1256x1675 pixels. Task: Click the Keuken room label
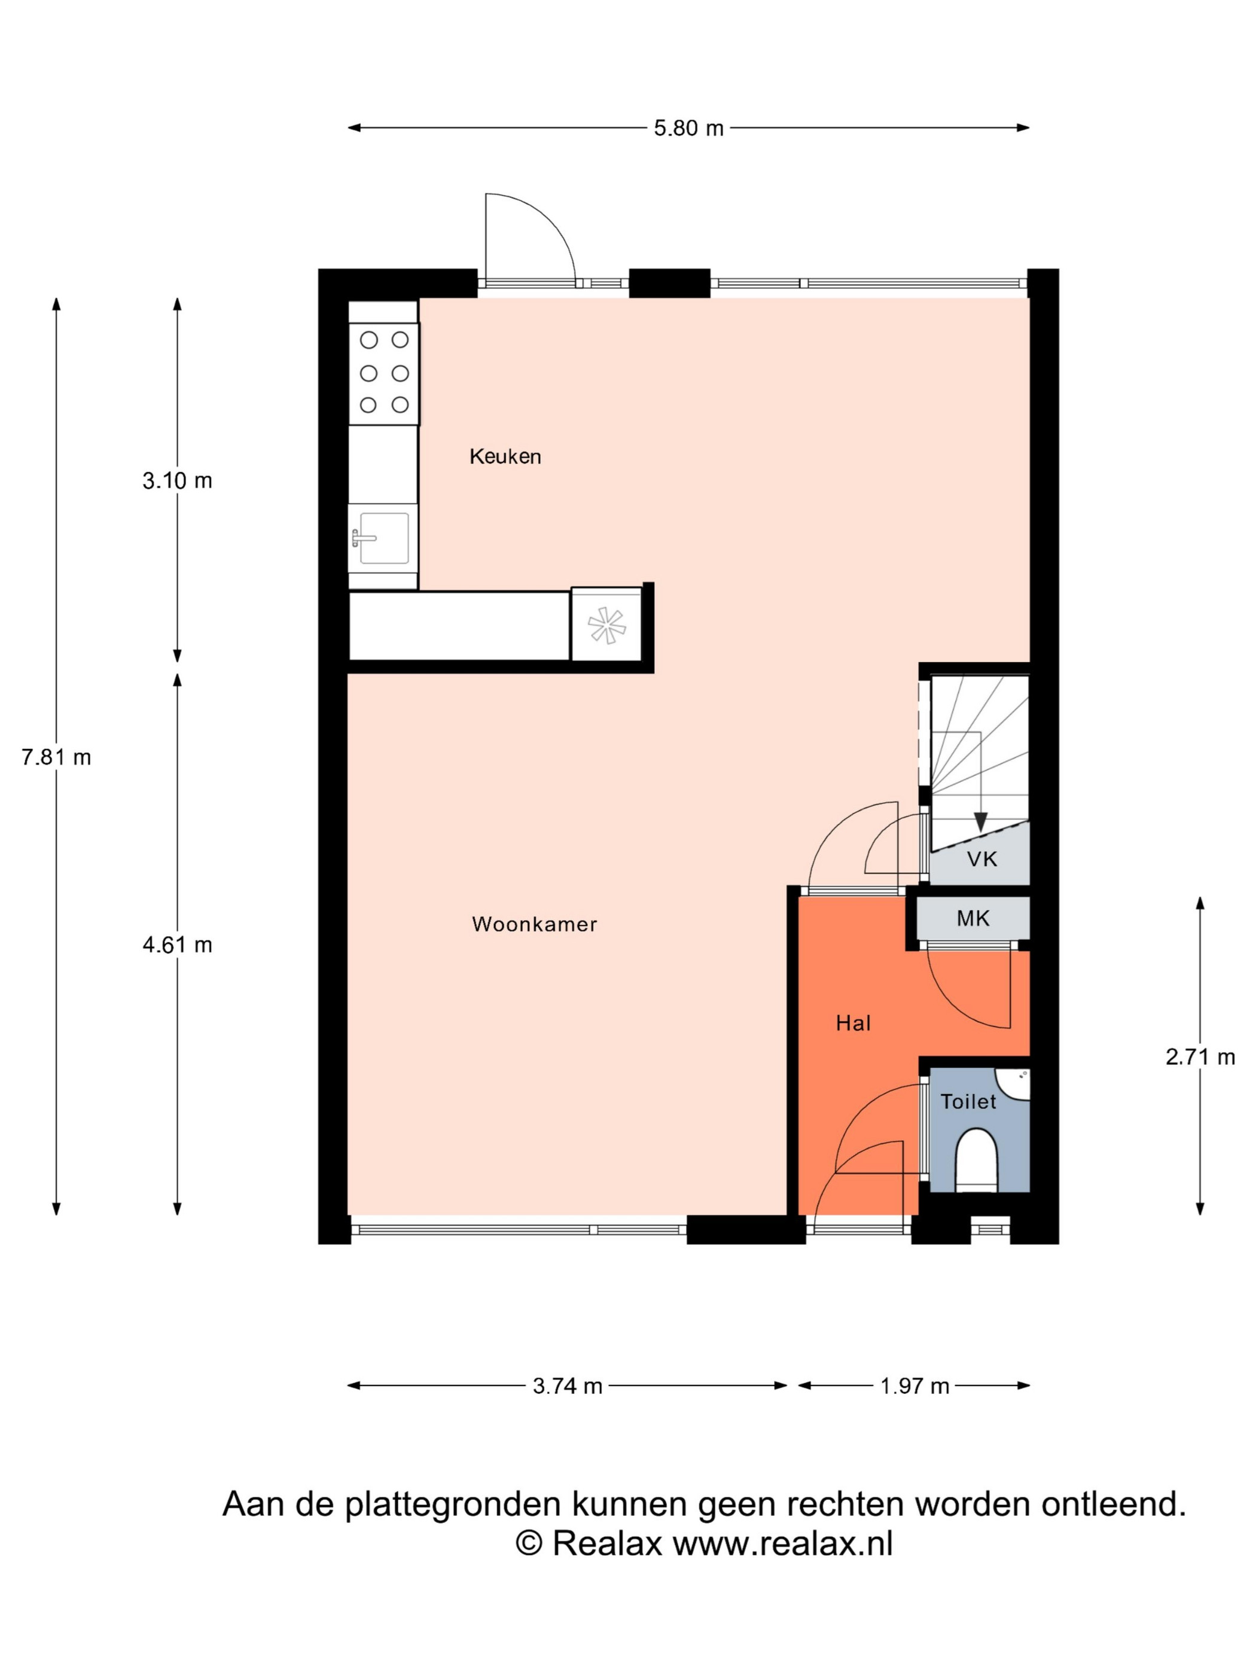point(505,456)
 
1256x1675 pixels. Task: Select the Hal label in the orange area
point(853,1023)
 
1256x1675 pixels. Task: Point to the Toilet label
point(968,1101)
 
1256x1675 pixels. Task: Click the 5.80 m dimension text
point(689,128)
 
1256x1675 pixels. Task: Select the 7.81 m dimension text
point(56,757)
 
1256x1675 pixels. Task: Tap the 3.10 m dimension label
point(177,480)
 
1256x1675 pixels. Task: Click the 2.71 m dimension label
point(1200,1056)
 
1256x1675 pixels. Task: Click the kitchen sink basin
point(384,538)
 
